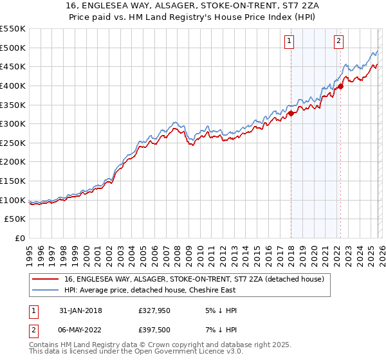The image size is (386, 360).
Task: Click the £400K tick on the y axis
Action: [x=13, y=85]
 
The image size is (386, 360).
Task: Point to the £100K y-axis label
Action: [x=13, y=200]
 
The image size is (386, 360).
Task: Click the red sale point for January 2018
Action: [x=291, y=114]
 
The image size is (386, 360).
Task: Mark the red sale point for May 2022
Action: [x=340, y=87]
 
